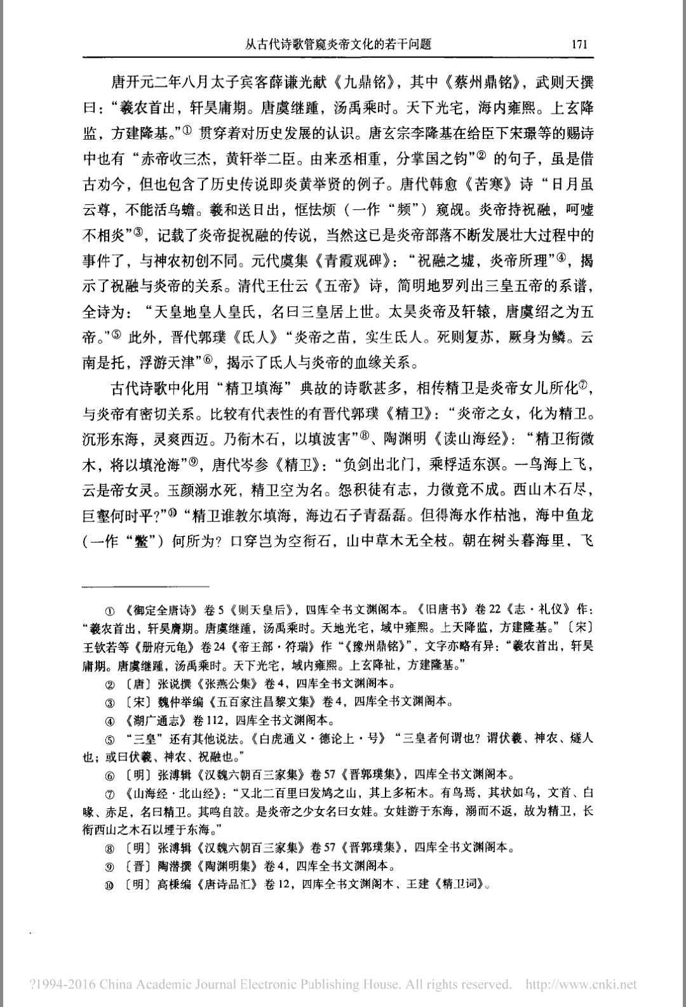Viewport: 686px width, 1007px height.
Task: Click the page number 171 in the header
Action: click(579, 44)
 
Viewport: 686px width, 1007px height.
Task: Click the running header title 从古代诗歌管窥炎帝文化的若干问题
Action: click(339, 44)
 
